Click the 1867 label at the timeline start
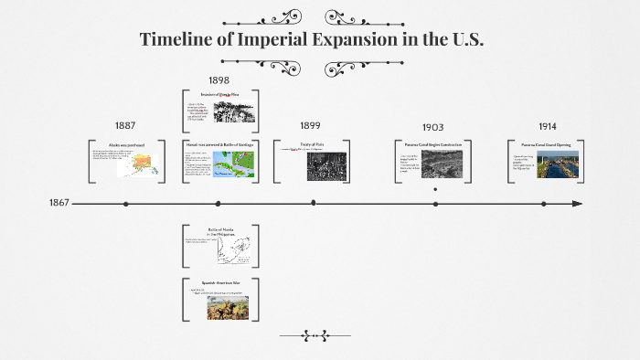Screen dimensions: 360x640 click(59, 203)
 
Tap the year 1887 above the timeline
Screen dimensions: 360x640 click(126, 125)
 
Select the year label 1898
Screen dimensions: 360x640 click(219, 80)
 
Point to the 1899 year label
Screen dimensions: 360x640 click(312, 126)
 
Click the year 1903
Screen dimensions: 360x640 click(433, 127)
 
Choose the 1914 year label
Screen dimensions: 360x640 click(548, 125)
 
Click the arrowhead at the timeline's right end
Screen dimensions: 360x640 click(576, 204)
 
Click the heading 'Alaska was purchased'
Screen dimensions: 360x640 click(127, 145)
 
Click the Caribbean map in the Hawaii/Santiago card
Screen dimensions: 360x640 click(237, 164)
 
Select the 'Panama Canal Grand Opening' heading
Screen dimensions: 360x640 click(546, 145)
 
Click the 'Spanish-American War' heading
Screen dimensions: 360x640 click(219, 283)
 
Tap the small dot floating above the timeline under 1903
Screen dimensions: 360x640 click(435, 189)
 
